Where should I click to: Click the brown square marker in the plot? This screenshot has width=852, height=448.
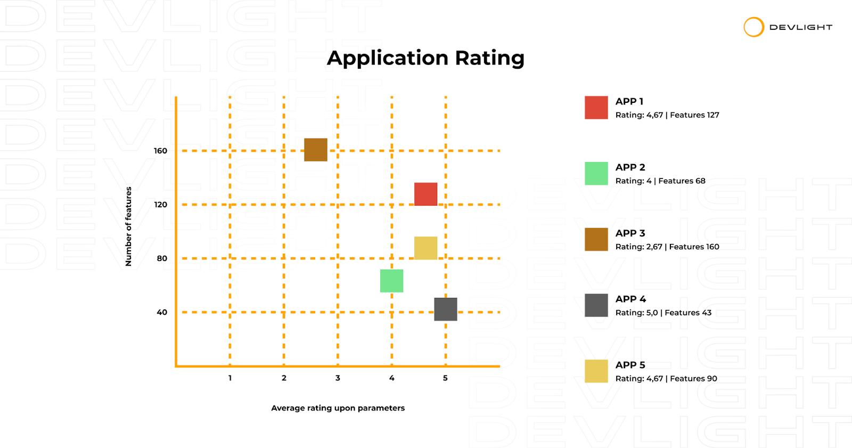[316, 150]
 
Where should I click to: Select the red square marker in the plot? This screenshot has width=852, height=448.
[425, 194]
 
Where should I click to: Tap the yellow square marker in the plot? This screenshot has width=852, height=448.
[425, 248]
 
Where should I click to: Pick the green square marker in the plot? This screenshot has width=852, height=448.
[392, 281]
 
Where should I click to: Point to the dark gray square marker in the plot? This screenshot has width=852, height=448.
[446, 309]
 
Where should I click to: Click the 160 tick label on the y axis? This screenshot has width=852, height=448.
[160, 151]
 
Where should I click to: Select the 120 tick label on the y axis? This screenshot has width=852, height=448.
[160, 205]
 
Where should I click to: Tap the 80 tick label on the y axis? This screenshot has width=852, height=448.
[162, 258]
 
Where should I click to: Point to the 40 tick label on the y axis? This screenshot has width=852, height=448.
[162, 312]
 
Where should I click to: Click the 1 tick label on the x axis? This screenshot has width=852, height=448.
[230, 378]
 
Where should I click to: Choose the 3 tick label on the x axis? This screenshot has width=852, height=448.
[338, 378]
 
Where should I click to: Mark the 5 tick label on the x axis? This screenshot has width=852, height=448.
[445, 378]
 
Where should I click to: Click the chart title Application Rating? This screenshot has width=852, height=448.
[425, 58]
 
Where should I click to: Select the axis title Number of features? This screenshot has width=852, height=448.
[128, 226]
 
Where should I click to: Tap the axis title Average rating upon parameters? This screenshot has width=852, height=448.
[338, 408]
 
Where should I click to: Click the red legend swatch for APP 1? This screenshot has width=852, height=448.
[596, 108]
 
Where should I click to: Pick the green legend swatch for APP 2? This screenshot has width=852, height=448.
[596, 174]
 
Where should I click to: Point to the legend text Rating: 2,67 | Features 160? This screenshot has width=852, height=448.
[667, 247]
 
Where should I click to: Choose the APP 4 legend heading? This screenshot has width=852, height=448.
[630, 299]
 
